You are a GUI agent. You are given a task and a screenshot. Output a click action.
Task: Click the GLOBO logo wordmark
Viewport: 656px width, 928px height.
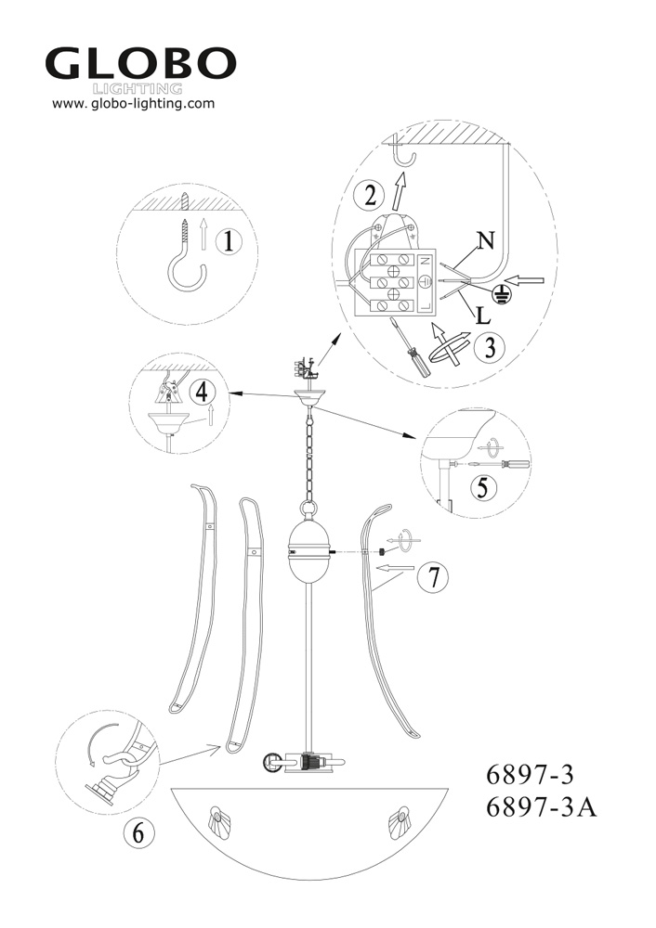pos(140,65)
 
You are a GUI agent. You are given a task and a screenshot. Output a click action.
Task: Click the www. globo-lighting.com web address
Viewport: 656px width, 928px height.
pos(133,104)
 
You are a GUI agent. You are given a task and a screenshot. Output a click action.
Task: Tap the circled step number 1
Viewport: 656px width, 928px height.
pos(229,241)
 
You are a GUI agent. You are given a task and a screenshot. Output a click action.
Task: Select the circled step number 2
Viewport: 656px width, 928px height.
pos(371,195)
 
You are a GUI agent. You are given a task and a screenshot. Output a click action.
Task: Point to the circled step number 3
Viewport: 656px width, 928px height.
pos(490,347)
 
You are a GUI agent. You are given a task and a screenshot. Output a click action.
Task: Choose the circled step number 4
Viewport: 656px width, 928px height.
pos(203,392)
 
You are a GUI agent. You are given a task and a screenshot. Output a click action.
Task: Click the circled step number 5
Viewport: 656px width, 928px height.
pos(482,488)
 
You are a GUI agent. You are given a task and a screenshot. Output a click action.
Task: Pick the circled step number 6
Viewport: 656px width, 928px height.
pos(138,833)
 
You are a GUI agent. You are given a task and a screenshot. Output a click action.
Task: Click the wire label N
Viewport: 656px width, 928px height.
pos(485,241)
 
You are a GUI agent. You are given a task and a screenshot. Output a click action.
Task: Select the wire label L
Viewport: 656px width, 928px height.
pos(483,316)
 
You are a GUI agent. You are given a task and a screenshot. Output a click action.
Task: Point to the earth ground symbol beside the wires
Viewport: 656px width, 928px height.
pos(502,292)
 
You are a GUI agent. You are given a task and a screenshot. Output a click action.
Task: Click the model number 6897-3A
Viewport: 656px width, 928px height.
pos(541,808)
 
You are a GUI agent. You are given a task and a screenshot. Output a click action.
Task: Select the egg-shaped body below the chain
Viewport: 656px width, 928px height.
pos(308,552)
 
